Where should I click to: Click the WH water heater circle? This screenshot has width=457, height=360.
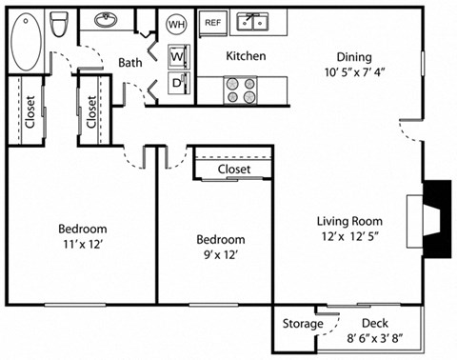177,23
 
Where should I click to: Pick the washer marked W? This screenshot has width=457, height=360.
177,56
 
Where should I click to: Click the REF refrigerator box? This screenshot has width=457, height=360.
213,21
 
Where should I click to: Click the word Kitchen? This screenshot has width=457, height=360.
245,56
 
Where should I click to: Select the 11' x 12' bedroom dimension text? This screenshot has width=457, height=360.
82,245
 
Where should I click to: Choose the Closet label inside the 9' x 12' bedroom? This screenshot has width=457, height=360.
233,170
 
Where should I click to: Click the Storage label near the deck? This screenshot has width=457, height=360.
302,325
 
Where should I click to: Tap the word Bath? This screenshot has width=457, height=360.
130,63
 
